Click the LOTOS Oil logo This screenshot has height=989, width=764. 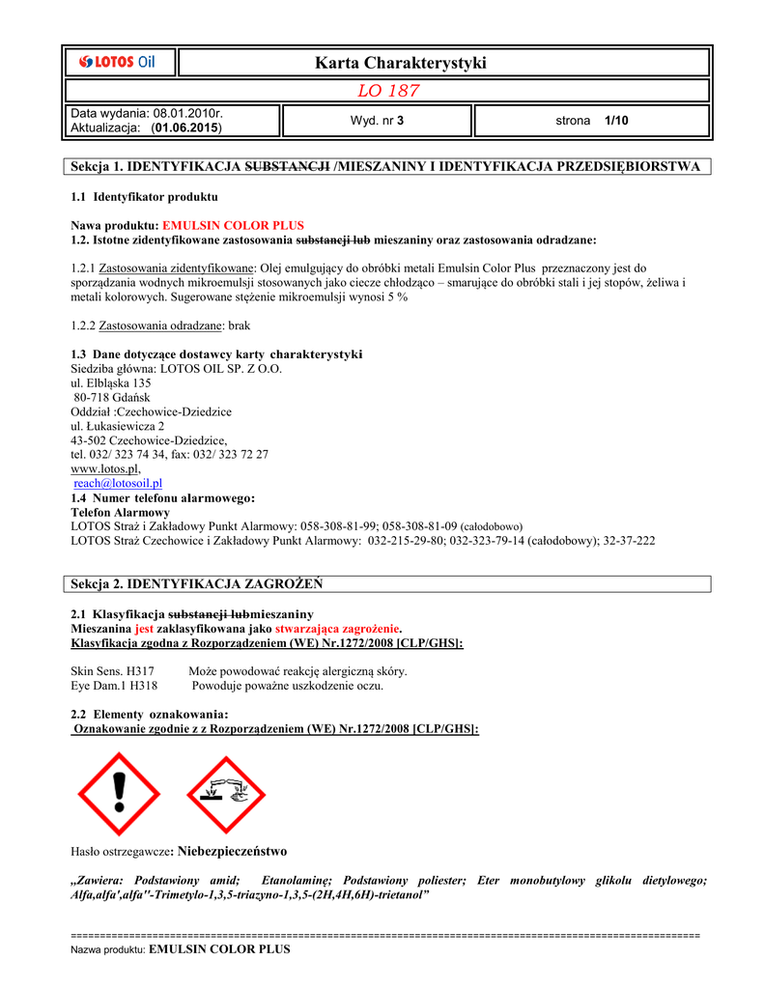120,63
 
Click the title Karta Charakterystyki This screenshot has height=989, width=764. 400,63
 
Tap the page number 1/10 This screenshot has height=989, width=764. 615,121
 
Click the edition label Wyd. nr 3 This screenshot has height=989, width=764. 377,121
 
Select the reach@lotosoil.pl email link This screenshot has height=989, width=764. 118,482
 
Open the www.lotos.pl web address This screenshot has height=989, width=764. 105,467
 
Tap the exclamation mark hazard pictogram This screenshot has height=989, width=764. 120,794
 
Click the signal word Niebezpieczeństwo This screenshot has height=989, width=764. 232,851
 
